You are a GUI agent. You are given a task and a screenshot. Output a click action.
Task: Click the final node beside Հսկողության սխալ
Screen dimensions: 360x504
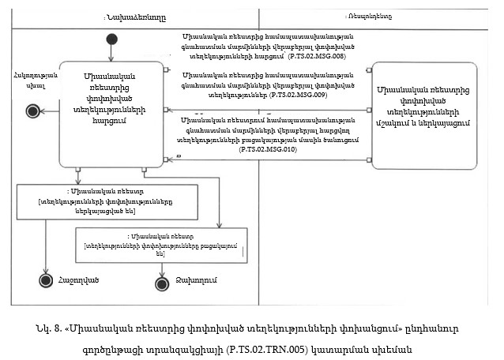pos(32,111)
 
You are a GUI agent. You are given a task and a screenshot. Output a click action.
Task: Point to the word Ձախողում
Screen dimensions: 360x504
pos(193,281)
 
